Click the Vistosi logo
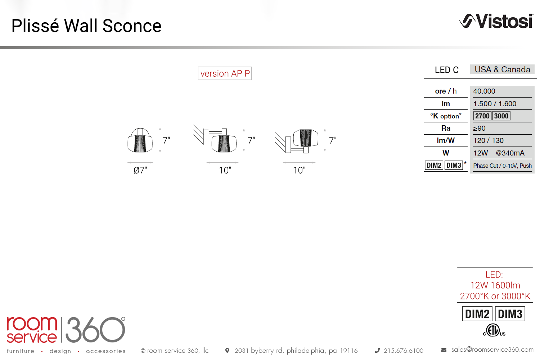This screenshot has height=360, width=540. (496, 21)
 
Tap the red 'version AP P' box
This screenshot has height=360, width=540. (225, 73)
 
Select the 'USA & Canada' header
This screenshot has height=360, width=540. (503, 69)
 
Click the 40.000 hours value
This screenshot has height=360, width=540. (484, 91)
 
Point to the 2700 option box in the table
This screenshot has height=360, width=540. (482, 116)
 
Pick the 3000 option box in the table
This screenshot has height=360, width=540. (501, 116)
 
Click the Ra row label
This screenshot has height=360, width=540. (446, 128)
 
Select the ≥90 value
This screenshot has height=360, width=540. (479, 128)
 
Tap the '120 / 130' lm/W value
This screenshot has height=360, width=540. (489, 140)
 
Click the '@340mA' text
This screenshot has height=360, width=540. (510, 153)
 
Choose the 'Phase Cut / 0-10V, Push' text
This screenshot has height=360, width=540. (503, 166)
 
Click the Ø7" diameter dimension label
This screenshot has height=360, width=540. (140, 170)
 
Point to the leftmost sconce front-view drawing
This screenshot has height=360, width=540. (140, 140)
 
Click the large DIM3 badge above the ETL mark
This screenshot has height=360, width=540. (510, 314)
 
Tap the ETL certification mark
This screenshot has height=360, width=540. (494, 330)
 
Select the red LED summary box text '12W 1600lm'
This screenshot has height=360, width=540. (495, 285)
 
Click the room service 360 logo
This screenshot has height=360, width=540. (66, 329)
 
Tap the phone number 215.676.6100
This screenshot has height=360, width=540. (404, 351)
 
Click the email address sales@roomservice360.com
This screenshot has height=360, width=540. (492, 350)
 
